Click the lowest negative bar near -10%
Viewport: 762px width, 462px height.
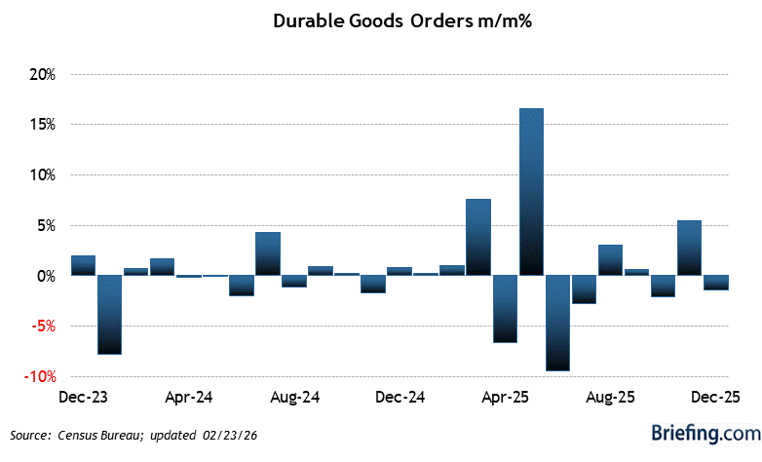tap(557, 323)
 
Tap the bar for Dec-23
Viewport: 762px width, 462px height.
tap(84, 265)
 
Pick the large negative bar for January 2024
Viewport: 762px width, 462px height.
tap(110, 314)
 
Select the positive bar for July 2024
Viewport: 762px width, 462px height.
tap(268, 253)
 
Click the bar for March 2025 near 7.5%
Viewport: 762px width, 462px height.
tap(478, 237)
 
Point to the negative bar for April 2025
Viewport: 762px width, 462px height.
tap(505, 308)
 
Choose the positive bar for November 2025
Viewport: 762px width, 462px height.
tap(689, 248)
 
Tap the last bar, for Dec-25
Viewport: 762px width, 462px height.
tap(715, 283)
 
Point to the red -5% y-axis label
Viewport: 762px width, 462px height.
tap(43, 327)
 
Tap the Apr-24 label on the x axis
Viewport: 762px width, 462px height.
tap(190, 398)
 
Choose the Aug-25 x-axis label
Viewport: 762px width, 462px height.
tap(611, 398)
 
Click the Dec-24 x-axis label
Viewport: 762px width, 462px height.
tap(400, 398)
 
